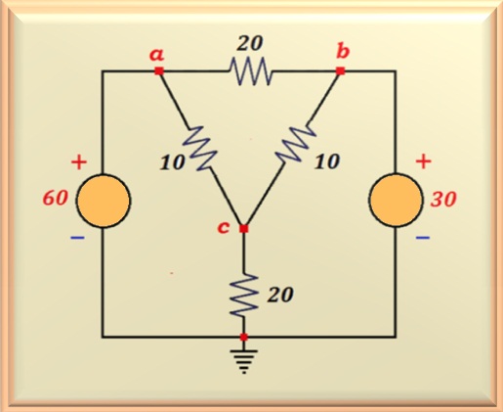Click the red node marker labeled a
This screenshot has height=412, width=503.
click(159, 70)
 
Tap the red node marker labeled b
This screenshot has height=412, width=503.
click(340, 70)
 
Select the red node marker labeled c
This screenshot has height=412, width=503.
click(243, 229)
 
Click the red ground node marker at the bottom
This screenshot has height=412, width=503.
click(244, 337)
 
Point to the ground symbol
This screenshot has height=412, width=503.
click(244, 361)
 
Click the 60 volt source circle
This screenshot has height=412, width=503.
click(104, 201)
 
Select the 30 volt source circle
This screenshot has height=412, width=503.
click(397, 200)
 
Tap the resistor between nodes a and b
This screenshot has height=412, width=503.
click(250, 71)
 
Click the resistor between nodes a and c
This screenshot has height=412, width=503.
click(199, 149)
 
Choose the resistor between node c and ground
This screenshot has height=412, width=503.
click(244, 295)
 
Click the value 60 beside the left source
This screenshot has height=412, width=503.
click(56, 198)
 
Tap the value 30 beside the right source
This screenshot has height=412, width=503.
click(443, 199)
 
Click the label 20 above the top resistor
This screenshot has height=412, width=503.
click(249, 43)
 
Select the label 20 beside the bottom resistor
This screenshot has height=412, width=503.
click(280, 295)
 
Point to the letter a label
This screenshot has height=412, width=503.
click(157, 55)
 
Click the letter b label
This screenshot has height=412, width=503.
click(343, 52)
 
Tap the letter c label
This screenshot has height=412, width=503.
click(224, 227)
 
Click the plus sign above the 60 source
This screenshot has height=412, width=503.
click(79, 162)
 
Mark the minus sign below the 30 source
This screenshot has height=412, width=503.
click(423, 238)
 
